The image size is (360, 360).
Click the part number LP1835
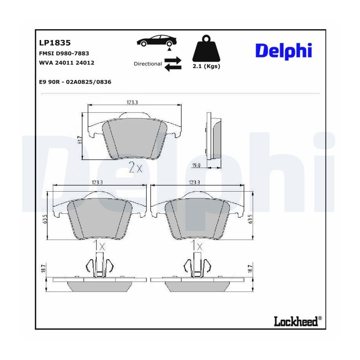pyautogui.click(x=55, y=43)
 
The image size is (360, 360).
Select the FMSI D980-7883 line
pyautogui.click(x=64, y=53)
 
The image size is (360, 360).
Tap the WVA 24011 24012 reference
pyautogui.click(x=66, y=63)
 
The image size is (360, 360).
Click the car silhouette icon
pyautogui.click(x=157, y=41)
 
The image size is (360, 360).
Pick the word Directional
pyautogui.click(x=148, y=64)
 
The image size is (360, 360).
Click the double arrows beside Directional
pyautogui.click(x=173, y=64)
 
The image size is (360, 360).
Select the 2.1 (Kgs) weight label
pyautogui.click(x=206, y=66)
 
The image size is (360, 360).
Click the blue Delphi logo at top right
pyautogui.click(x=284, y=51)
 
